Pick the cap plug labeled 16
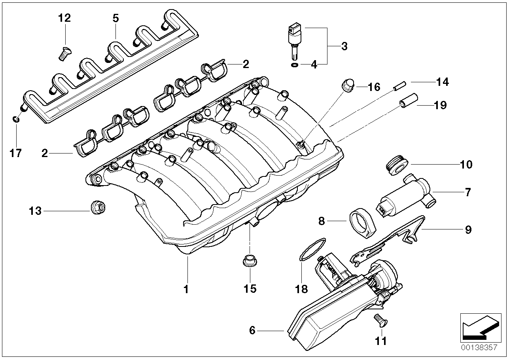[347, 86]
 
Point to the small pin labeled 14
[399, 85]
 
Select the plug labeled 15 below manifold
[249, 262]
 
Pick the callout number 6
[252, 330]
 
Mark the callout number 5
[115, 18]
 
